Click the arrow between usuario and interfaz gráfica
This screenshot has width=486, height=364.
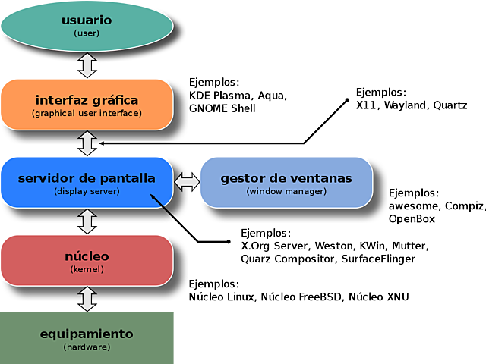87,64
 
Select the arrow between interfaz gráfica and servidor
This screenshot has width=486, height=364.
87,143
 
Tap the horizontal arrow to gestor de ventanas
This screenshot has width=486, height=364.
186,181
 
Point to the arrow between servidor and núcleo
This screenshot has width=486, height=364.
87,221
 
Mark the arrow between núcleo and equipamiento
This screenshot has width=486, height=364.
87,297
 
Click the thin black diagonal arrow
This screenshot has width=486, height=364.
166,207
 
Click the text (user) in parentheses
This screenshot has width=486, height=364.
87,33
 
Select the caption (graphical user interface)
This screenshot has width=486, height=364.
87,113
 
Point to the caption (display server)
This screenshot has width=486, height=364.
87,191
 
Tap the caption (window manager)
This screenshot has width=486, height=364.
286,191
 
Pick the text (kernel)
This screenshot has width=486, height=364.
87,269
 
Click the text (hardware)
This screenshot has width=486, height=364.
87,347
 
